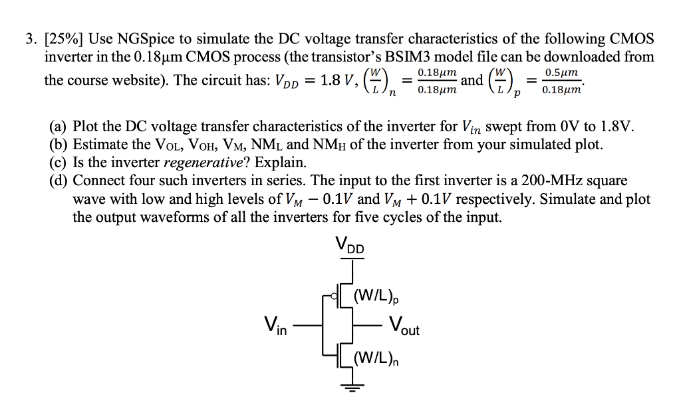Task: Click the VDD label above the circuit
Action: tap(350, 246)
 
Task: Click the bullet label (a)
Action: tap(59, 127)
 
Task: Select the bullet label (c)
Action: tap(59, 162)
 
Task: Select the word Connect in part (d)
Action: tap(99, 181)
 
